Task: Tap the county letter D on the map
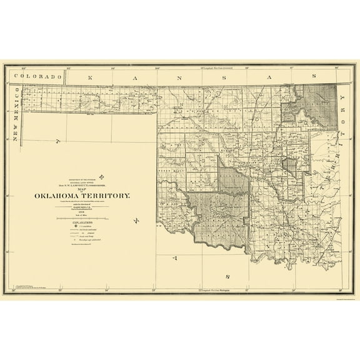[x=203, y=142]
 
